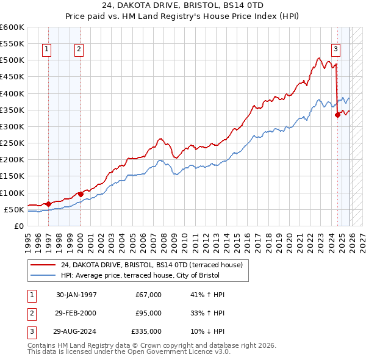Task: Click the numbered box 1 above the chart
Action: point(47,51)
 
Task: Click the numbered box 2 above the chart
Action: point(79,51)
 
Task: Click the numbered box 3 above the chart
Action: point(335,51)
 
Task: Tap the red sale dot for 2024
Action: point(337,115)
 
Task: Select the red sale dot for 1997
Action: point(49,204)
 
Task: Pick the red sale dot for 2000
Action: point(81,194)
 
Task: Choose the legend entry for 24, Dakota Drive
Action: point(152,265)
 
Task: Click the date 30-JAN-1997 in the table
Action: point(76,295)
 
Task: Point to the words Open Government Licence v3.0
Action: point(178,352)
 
